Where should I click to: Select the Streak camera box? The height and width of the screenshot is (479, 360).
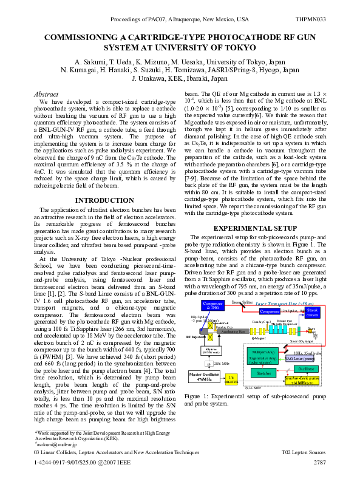pos(312,313)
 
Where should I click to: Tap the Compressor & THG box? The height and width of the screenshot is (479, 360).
pos(212,305)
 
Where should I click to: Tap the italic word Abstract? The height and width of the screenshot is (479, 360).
pos(46,95)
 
